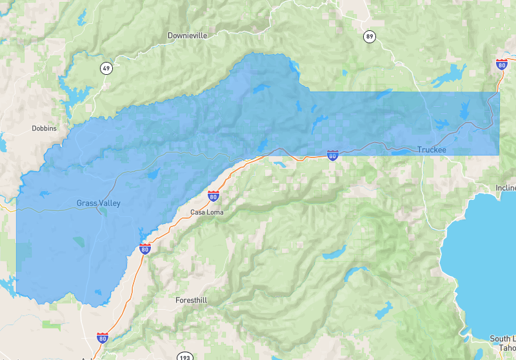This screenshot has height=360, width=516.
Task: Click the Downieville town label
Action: pos(187,35)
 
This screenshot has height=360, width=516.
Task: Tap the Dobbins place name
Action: pos(44,128)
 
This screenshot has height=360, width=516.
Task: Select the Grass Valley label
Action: pos(98,203)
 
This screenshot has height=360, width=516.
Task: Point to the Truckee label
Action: pos(432,150)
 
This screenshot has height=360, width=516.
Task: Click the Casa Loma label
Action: pos(206,212)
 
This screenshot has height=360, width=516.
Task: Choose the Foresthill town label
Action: pos(192,300)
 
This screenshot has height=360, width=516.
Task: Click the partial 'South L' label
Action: pos(502,339)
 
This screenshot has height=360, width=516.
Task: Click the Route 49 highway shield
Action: pos(106,68)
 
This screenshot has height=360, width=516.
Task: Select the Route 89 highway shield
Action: pos(369,36)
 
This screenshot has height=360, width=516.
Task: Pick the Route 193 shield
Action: pos(184,355)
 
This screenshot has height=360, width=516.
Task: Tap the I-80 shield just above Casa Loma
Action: pos(213,196)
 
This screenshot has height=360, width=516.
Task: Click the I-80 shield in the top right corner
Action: pos(501,64)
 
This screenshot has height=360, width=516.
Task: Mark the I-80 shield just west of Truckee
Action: pos(332,155)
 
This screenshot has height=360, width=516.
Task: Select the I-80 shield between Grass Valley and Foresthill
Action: pos(145,249)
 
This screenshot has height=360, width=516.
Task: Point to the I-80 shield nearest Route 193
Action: pos(103,337)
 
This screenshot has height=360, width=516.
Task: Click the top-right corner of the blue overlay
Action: pos(499,92)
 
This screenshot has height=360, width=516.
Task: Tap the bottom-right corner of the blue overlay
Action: pos(499,155)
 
